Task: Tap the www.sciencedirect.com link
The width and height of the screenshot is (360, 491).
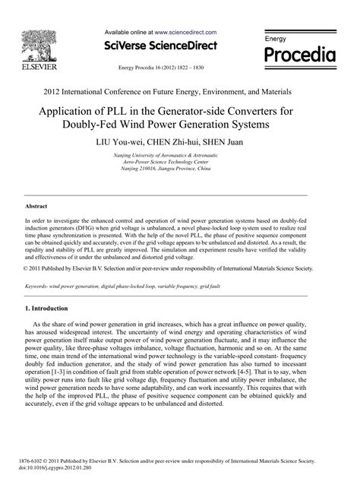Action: click(185, 33)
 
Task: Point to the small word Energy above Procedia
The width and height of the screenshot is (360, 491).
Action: click(275, 37)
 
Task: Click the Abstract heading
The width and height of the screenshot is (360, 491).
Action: click(37, 206)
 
